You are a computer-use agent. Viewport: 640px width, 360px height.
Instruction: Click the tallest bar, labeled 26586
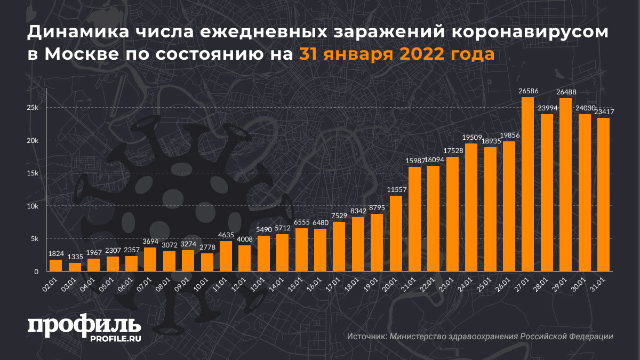pos(527,185)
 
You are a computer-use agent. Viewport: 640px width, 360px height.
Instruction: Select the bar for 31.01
pos(603,195)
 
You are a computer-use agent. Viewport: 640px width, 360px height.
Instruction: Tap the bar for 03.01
pos(75,267)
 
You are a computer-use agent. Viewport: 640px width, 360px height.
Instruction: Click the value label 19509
pos(471,138)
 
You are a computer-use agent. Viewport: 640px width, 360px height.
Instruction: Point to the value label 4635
pos(226,235)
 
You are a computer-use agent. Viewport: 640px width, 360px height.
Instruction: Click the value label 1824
pos(56,253)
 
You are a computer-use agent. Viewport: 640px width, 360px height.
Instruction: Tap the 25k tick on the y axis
pos(33,108)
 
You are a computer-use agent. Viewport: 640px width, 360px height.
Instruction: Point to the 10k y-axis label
pos(33,206)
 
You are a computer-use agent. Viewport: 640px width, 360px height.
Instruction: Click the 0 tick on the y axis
pos(37,272)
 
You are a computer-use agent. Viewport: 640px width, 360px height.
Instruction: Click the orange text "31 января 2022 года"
pos(396,54)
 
